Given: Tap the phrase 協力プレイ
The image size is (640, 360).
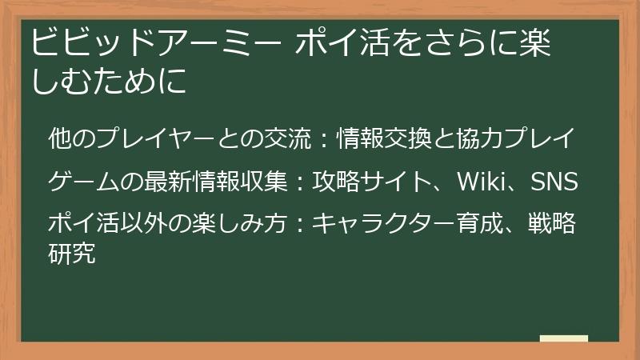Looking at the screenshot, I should (513, 138).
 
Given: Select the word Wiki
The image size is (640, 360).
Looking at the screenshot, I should (479, 182).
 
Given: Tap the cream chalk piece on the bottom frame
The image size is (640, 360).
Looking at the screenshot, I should (563, 339).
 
